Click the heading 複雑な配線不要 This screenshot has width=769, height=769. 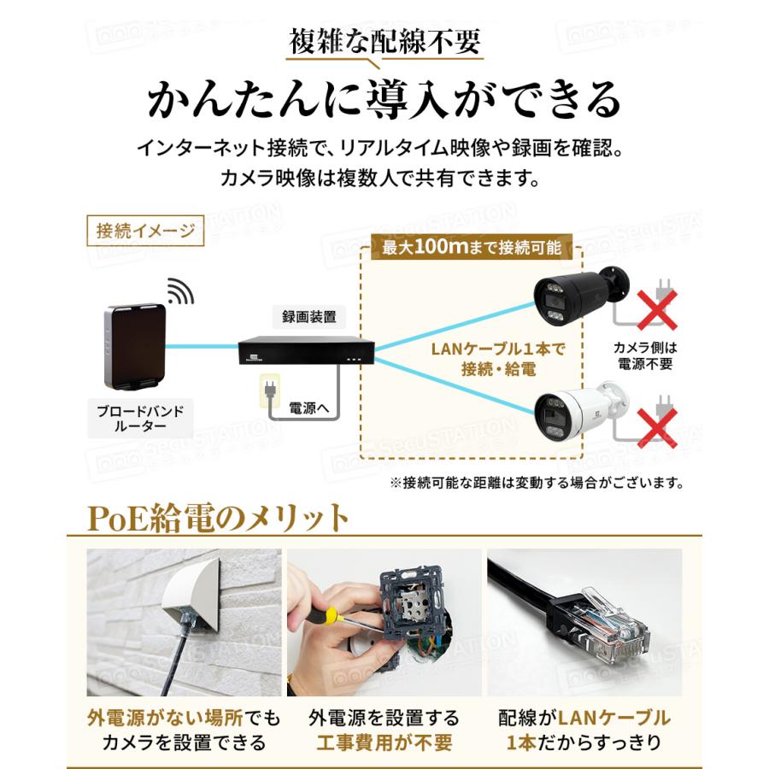384,42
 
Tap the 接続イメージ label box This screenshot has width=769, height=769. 146,231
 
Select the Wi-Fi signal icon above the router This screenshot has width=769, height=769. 179,292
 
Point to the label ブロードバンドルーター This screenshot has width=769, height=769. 140,418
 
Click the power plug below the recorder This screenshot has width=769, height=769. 269,393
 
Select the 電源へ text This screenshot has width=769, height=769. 309,408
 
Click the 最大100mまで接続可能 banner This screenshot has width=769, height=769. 472,248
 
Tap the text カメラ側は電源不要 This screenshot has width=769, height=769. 644,356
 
